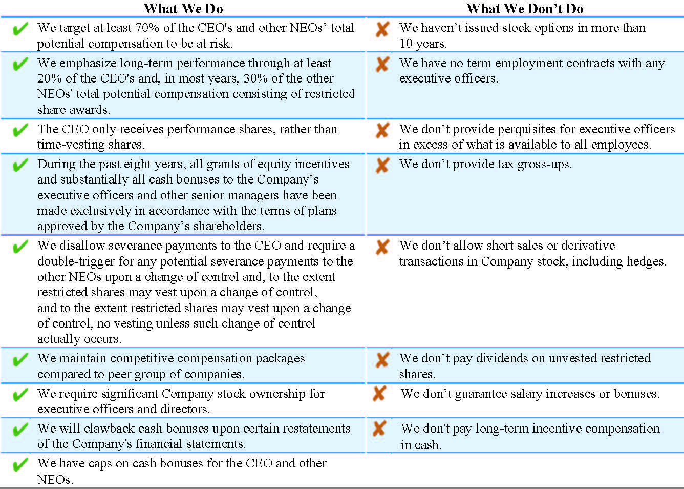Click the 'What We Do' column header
click(x=183, y=9)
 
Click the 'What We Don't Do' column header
click(x=525, y=9)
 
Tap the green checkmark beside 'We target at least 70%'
click(x=20, y=29)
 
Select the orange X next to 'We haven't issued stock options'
click(x=382, y=29)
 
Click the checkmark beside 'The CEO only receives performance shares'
click(x=20, y=130)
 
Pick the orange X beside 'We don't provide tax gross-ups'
click(x=382, y=165)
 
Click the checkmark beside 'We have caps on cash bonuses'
click(x=20, y=465)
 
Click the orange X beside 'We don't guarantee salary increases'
click(x=379, y=394)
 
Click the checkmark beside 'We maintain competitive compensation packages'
click(x=20, y=359)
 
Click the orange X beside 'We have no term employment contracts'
click(x=382, y=64)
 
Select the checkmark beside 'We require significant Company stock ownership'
click(x=20, y=395)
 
